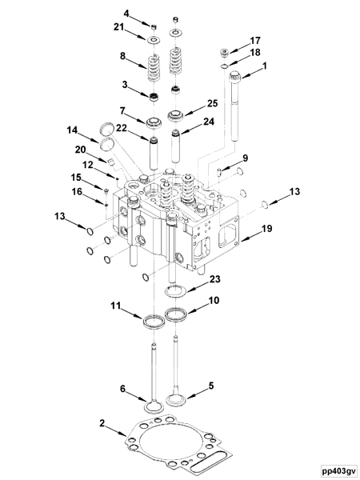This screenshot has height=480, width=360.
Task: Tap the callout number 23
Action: tap(214, 279)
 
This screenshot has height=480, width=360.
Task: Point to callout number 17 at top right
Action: tap(255, 40)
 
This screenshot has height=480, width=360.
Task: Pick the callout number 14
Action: tap(72, 130)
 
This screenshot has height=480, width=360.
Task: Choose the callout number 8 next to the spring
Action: tap(122, 56)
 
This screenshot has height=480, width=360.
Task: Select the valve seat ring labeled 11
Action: tap(149, 322)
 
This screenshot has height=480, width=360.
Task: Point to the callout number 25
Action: tap(213, 103)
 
